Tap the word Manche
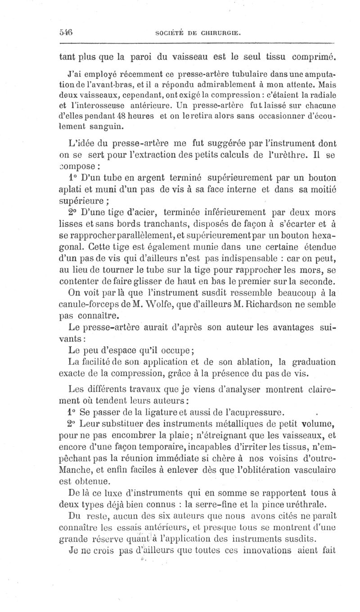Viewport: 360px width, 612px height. pyautogui.click(x=76, y=469)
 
